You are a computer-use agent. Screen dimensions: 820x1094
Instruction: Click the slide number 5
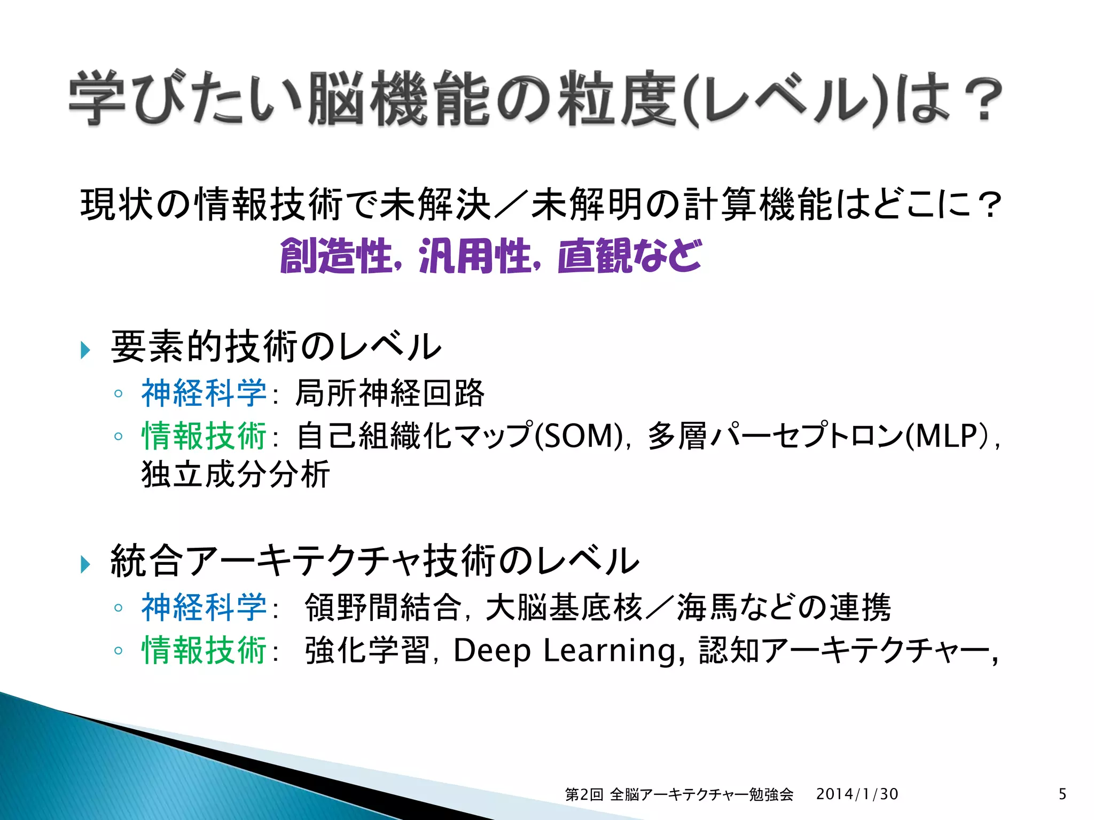pos(1062,794)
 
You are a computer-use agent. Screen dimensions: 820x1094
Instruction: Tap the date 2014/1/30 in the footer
pos(857,794)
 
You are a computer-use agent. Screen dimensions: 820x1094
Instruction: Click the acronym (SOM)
pos(578,436)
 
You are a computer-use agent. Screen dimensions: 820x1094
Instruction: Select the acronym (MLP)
pos(949,436)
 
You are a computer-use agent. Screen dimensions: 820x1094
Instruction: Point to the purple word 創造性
pos(337,257)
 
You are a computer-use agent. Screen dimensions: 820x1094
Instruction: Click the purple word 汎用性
pos(475,257)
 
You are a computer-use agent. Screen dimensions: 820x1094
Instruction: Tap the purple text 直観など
pos(629,257)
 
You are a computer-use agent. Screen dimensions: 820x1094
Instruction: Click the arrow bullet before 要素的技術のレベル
pos(85,350)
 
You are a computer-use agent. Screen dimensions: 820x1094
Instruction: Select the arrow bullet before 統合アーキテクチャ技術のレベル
pos(85,564)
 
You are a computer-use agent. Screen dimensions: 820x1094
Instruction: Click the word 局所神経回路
pos(389,393)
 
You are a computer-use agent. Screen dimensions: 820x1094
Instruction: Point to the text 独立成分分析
pos(236,474)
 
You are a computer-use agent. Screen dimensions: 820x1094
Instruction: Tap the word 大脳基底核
pos(564,608)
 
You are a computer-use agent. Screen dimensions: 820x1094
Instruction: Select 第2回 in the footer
pos(584,794)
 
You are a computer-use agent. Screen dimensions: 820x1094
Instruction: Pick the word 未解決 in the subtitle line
pos(435,204)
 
